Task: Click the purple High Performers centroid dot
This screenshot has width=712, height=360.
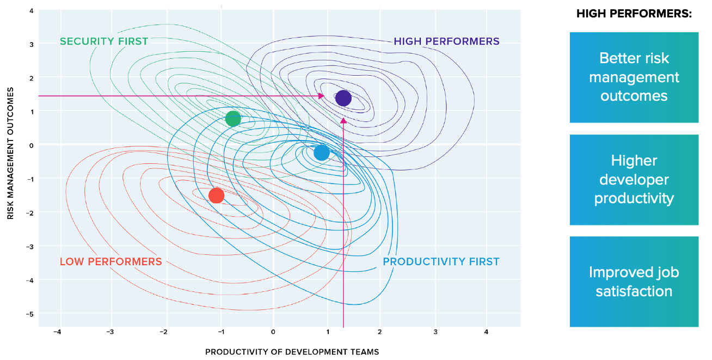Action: [343, 98]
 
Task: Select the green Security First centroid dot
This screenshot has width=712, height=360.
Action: [233, 119]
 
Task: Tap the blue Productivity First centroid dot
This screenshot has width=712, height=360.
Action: [322, 152]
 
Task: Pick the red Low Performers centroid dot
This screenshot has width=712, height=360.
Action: [216, 195]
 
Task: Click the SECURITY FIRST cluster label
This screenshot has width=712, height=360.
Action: [104, 41]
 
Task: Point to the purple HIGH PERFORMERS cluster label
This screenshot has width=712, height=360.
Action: [446, 41]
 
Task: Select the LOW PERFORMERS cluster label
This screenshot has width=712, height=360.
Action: [111, 262]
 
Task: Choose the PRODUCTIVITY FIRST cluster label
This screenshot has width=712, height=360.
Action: [441, 262]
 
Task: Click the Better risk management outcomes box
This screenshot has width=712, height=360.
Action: [634, 77]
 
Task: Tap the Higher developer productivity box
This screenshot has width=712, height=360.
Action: [634, 180]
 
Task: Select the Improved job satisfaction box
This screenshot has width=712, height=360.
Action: [634, 282]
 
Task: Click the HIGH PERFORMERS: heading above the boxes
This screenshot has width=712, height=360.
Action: [634, 14]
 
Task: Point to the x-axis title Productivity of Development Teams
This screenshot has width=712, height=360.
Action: [292, 352]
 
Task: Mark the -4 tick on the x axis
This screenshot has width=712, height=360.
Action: [57, 332]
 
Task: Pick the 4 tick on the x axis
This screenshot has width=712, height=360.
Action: [486, 332]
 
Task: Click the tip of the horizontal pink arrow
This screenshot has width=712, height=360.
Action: [324, 96]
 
